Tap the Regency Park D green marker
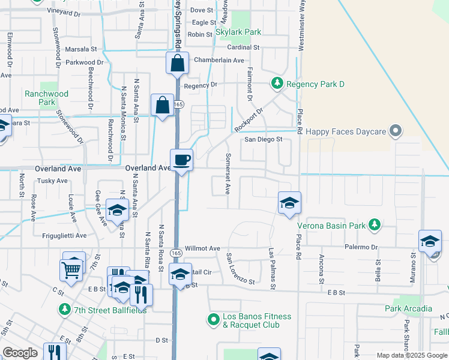(277, 83)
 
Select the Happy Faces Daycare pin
(395, 130)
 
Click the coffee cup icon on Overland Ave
(182, 160)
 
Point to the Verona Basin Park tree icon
(375, 224)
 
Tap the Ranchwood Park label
(46, 98)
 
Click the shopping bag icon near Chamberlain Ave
(178, 63)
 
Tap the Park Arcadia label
(408, 308)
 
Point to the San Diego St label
(263, 140)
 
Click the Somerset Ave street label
(228, 173)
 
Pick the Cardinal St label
(243, 47)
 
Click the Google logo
(20, 353)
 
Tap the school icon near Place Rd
(289, 203)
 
